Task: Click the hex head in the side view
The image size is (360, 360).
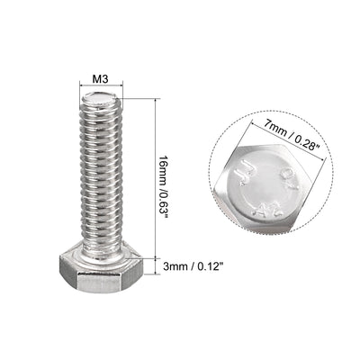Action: tap(103, 270)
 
